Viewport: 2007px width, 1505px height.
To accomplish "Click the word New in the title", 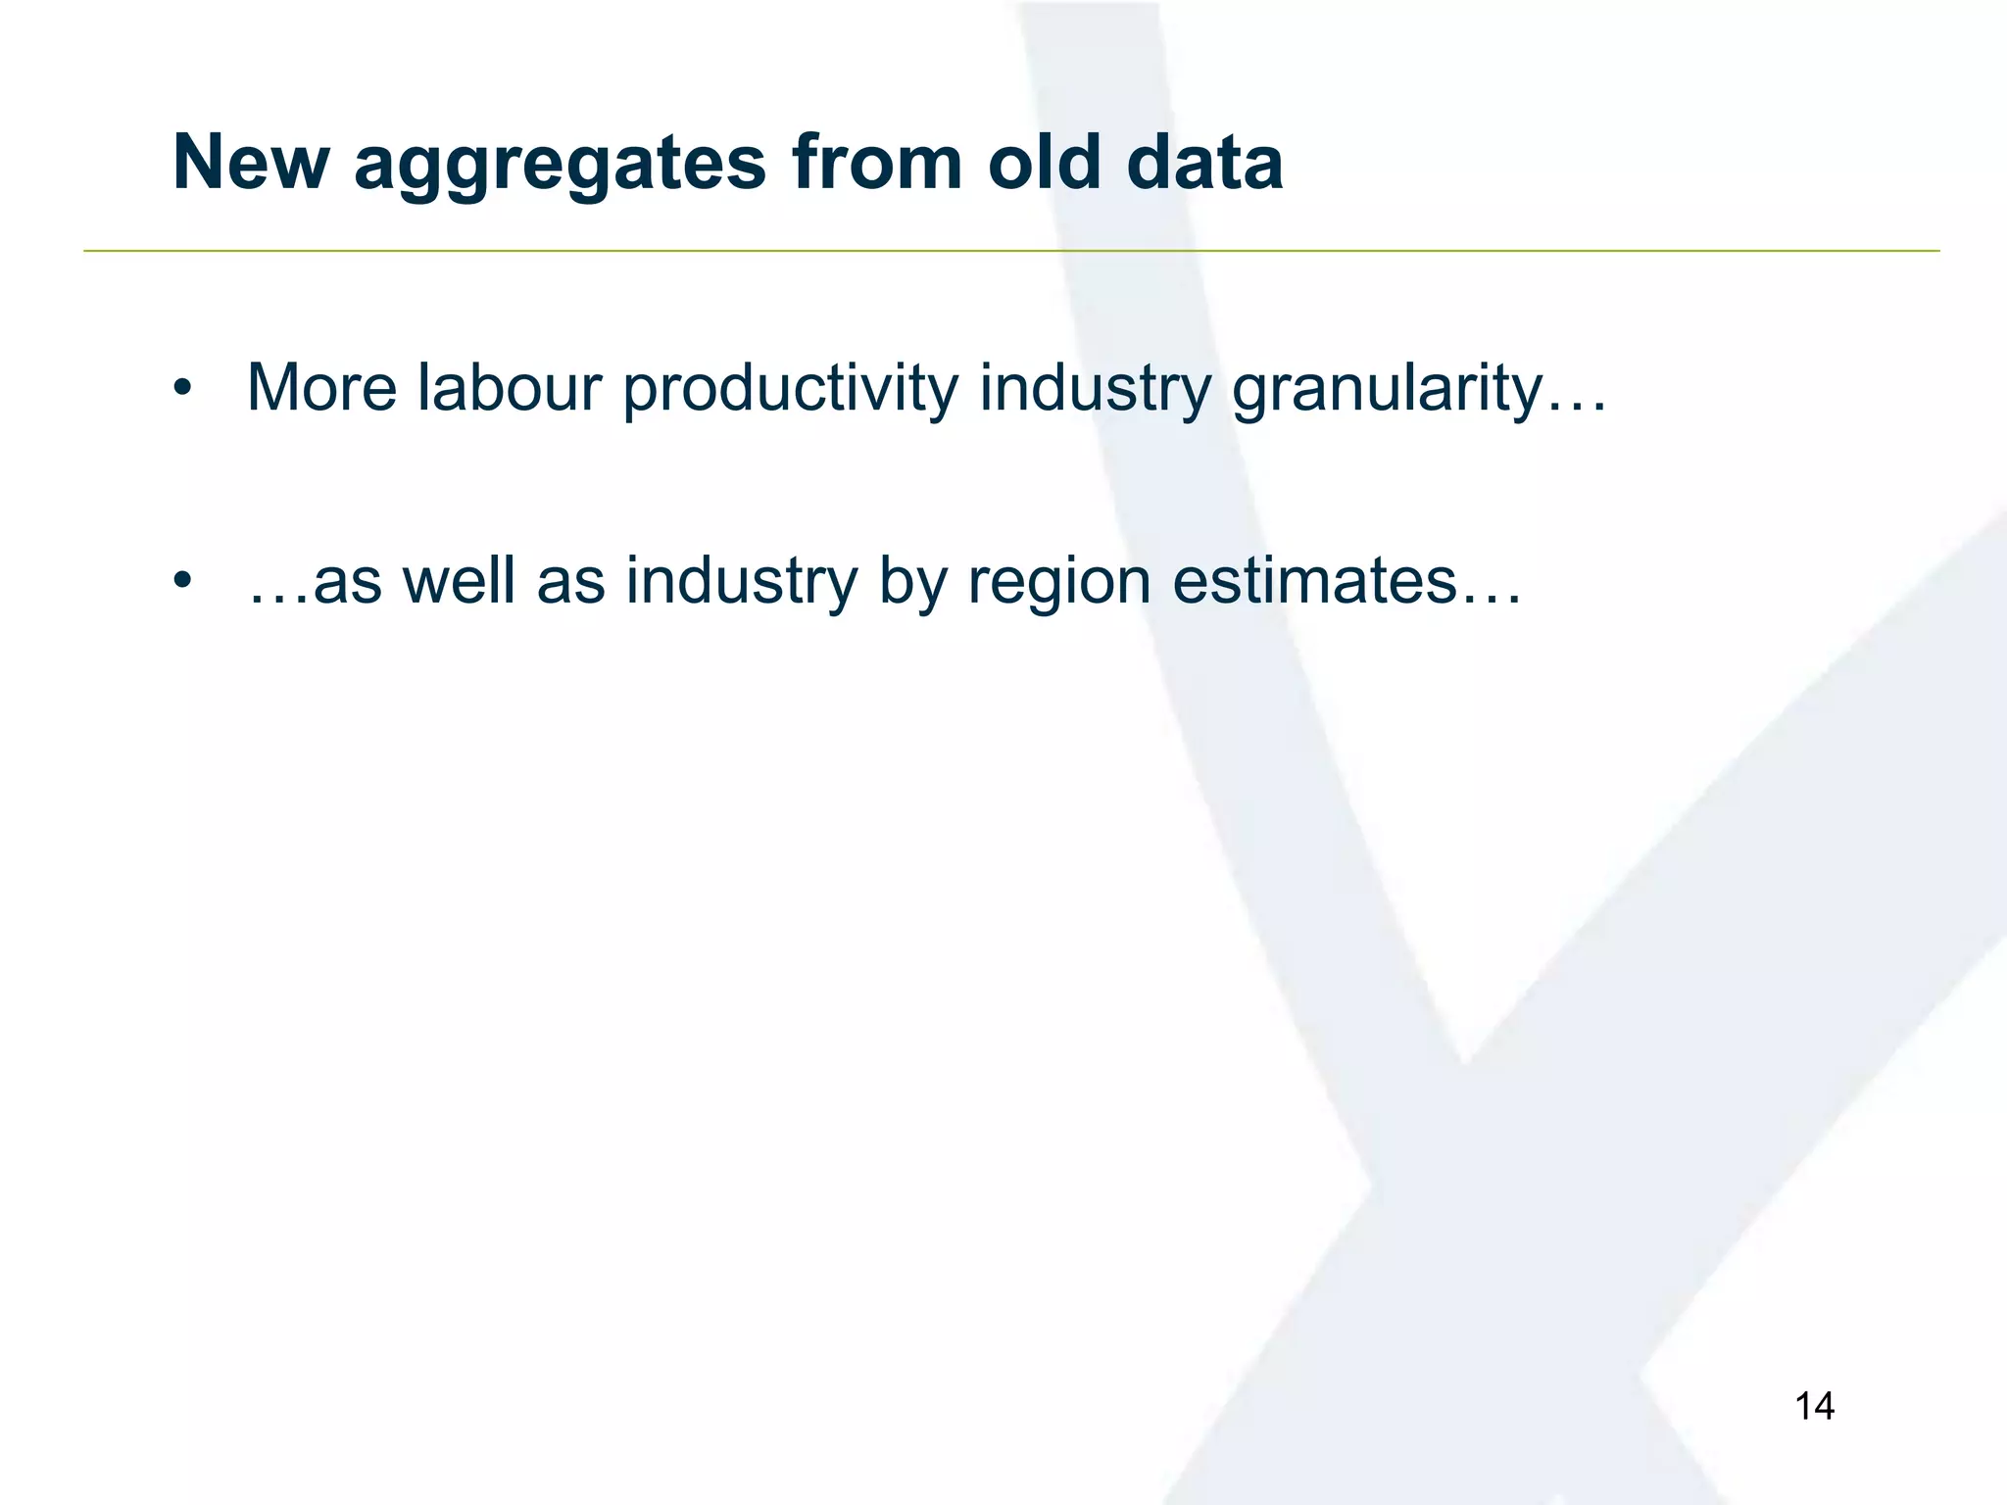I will coord(251,163).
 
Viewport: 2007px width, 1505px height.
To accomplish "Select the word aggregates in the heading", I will coord(560,165).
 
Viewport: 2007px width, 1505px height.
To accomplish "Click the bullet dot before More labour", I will coord(180,389).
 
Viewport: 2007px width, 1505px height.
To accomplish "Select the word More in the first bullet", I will coord(322,388).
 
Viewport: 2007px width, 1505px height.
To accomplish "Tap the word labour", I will coord(510,388).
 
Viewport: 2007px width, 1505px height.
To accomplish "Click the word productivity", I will coord(790,390).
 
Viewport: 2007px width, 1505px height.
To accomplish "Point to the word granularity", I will coord(1386,390).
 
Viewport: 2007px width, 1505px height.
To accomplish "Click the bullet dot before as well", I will coord(180,582).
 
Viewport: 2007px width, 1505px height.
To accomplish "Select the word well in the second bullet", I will coord(459,580).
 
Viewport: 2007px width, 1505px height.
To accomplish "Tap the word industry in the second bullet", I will coord(742,582).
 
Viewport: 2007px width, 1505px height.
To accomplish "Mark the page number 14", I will coord(1814,1406).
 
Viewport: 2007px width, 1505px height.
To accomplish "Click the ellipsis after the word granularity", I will coord(1576,408).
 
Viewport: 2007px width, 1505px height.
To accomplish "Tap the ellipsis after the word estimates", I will coord(1491,600).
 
